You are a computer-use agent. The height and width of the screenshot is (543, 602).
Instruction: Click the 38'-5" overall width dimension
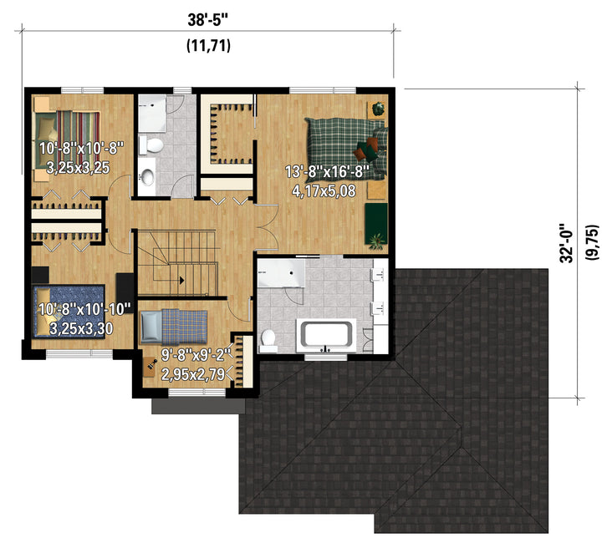pyautogui.click(x=207, y=20)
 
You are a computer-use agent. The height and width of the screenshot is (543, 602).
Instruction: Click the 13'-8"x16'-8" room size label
pyautogui.click(x=327, y=171)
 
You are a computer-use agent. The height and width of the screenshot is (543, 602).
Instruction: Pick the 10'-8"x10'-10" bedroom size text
pyautogui.click(x=84, y=309)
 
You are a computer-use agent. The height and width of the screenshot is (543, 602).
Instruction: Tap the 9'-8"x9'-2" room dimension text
pyautogui.click(x=196, y=355)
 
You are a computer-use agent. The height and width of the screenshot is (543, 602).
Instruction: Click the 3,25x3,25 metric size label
pyautogui.click(x=78, y=168)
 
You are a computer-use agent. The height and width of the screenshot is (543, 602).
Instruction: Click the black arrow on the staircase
pyautogui.click(x=181, y=281)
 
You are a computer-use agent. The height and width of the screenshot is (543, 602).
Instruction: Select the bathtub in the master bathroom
pyautogui.click(x=326, y=335)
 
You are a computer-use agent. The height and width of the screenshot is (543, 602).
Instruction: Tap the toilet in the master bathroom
pyautogui.click(x=268, y=341)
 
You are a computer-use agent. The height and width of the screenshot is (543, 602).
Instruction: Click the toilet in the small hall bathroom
pyautogui.click(x=151, y=145)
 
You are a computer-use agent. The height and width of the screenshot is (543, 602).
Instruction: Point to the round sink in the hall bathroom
pyautogui.click(x=147, y=177)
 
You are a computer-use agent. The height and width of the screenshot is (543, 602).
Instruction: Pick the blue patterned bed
pyautogui.click(x=69, y=311)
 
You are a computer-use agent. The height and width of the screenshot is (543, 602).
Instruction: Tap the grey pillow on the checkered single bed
pyautogui.click(x=150, y=327)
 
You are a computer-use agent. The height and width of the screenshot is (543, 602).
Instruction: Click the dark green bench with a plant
pyautogui.click(x=376, y=224)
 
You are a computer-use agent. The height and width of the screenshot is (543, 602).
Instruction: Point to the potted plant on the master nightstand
pyautogui.click(x=378, y=108)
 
